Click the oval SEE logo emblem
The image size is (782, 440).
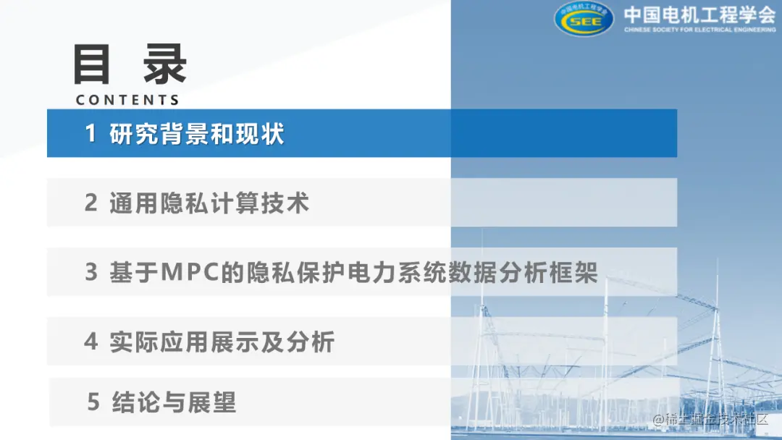click(584, 19)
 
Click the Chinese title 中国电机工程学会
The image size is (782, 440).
click(699, 14)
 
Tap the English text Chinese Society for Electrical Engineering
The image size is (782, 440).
click(699, 30)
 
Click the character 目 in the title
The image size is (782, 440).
click(93, 65)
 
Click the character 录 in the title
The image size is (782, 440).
click(164, 65)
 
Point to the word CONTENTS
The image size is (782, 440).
click(127, 99)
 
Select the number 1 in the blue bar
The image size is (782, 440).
click(91, 134)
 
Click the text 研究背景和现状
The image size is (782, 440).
click(197, 134)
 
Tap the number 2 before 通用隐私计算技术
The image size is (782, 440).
click(91, 203)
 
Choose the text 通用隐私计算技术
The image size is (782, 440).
click(209, 203)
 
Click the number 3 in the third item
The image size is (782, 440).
click(91, 273)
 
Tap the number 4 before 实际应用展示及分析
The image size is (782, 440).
click(91, 342)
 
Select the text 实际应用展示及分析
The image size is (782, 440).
click(222, 342)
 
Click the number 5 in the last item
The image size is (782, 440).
click(93, 402)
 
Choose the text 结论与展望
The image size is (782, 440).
click(175, 402)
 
